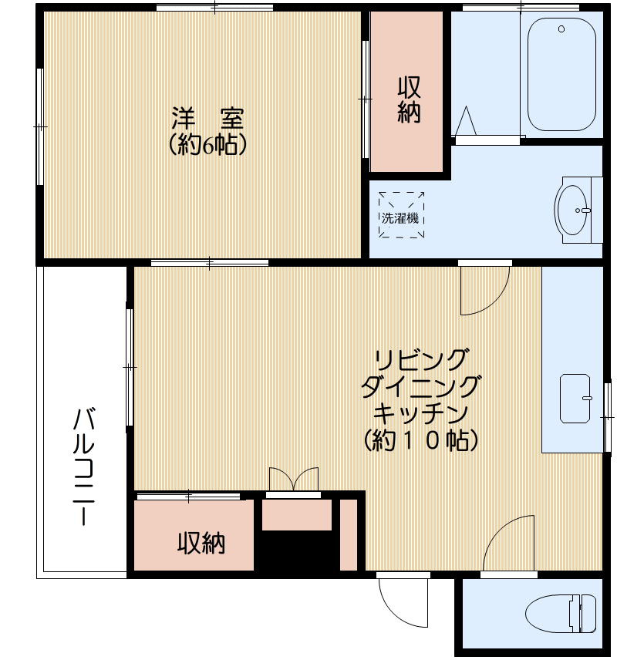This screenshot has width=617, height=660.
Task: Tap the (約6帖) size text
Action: coord(207,145)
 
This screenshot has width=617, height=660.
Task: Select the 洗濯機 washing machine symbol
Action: coord(401,216)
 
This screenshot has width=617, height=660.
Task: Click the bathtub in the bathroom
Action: coord(561,75)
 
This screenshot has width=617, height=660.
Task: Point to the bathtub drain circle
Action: coord(561,30)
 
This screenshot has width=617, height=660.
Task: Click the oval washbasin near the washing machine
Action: coord(573,209)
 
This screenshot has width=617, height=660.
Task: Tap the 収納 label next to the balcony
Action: coord(202,544)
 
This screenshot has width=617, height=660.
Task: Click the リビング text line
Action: coord(421,359)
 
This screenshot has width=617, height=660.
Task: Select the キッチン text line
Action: coord(421,412)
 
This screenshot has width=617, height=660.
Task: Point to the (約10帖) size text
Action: coord(421,439)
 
